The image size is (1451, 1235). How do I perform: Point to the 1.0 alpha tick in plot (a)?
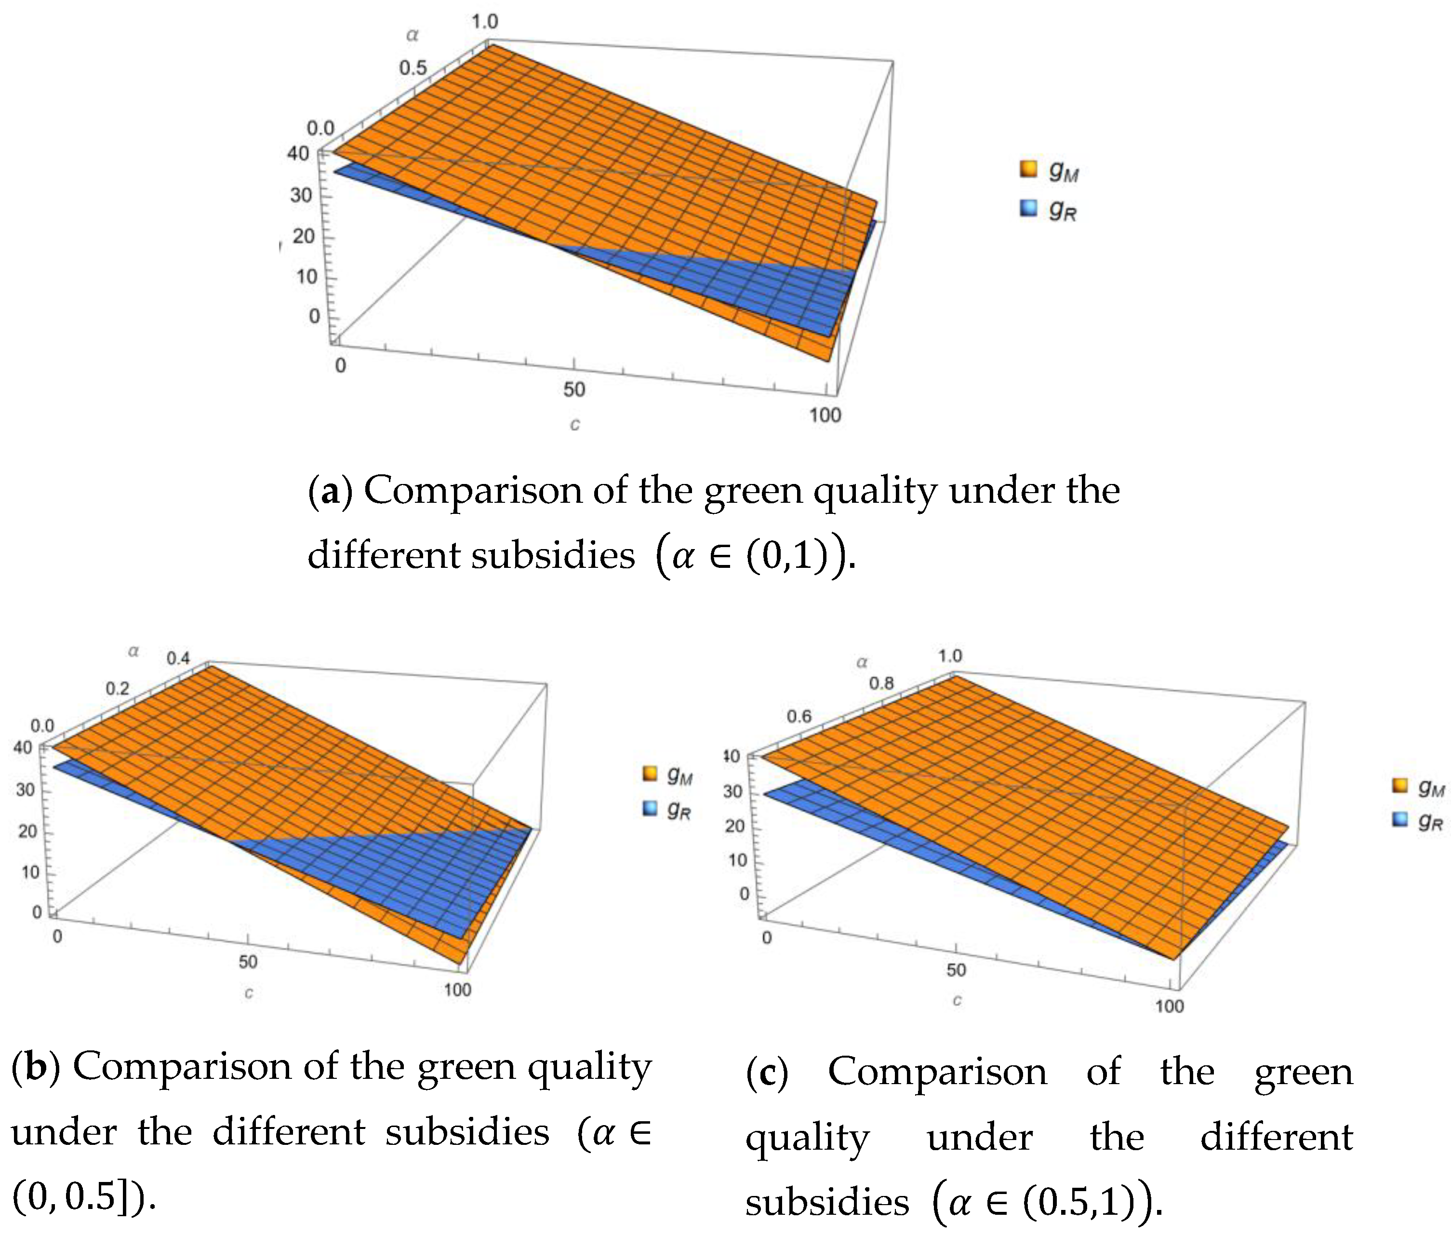[484, 22]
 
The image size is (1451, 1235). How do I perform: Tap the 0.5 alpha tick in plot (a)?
[413, 68]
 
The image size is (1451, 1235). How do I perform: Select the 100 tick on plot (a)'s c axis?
[825, 415]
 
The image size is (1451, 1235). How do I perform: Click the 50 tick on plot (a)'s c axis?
[574, 389]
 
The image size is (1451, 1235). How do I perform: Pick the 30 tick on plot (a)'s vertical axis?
[301, 195]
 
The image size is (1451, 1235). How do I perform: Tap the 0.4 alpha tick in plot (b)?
[178, 658]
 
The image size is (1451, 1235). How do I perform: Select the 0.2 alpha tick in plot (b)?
[117, 688]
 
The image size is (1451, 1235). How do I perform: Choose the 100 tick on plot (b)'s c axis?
[457, 989]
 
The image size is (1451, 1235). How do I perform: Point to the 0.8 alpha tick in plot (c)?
[881, 684]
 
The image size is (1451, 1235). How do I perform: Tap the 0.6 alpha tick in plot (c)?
[799, 716]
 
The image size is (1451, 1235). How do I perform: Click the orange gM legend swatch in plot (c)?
[1400, 786]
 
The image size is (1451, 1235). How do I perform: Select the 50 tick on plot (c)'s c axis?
[956, 970]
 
